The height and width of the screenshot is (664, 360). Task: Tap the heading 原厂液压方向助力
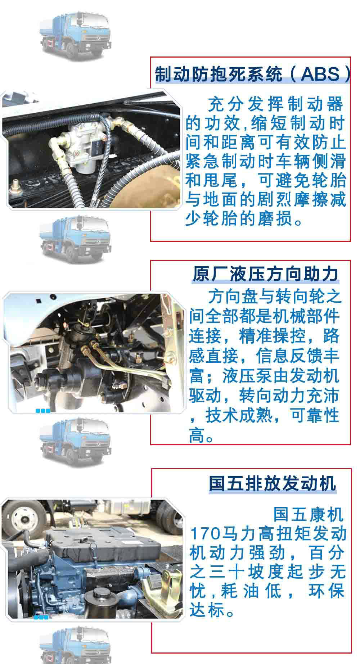265,274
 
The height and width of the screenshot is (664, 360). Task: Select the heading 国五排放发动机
272,483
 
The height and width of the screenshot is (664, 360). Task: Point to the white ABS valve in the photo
78,148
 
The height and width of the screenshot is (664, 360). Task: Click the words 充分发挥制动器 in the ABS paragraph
275,104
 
